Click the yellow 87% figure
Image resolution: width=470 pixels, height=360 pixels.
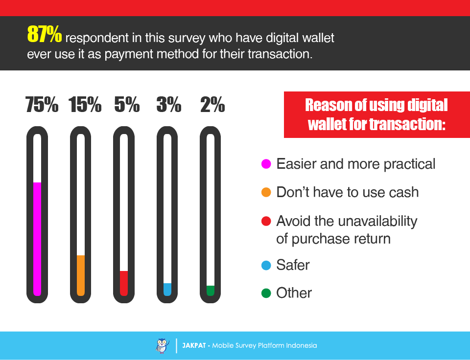point(45,34)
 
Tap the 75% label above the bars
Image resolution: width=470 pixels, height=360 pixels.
point(42,105)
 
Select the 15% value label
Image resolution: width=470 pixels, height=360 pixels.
point(85,105)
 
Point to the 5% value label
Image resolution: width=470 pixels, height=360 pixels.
point(127,105)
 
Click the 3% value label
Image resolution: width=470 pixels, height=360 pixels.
point(169,105)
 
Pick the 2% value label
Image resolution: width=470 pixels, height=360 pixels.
point(212,105)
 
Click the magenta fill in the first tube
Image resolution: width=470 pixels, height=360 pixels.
point(37,239)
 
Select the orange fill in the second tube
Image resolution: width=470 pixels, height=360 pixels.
point(81,275)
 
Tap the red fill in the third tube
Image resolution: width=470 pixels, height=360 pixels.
point(124,283)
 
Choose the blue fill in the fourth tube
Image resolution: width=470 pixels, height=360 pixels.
point(167,289)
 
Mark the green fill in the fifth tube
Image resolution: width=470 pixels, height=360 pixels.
point(211,291)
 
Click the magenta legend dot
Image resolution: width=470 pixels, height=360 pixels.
point(266,164)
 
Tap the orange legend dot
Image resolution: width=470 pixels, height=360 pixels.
point(266,192)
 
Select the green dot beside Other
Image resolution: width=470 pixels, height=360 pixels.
point(266,293)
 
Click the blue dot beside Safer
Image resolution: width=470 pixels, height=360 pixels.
point(266,266)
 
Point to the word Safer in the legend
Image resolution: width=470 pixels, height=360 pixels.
point(293,265)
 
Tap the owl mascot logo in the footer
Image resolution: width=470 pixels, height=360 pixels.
point(162,346)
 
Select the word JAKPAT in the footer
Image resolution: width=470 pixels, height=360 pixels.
point(194,346)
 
